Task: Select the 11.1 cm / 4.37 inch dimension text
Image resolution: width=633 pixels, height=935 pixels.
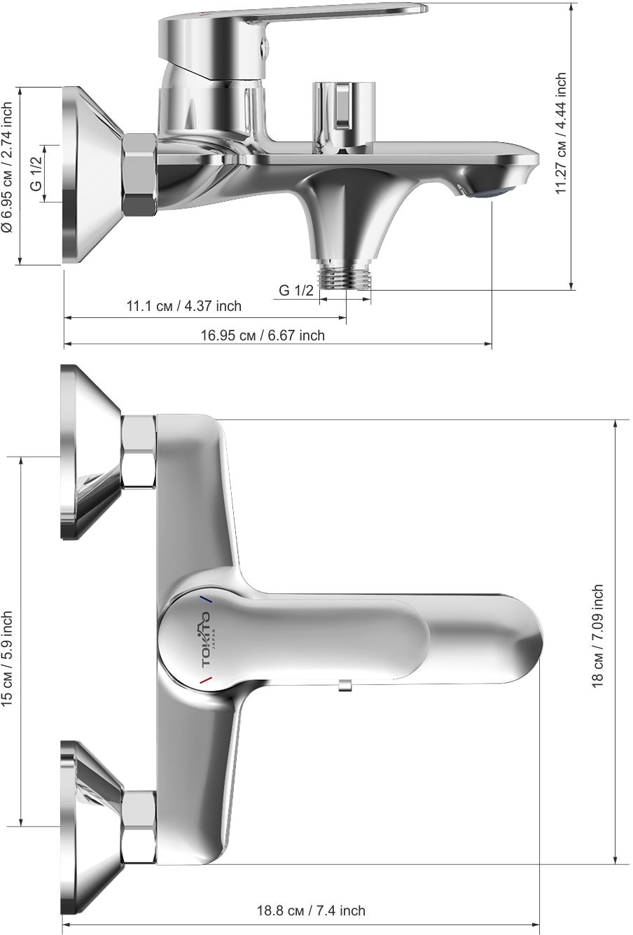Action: (x=184, y=306)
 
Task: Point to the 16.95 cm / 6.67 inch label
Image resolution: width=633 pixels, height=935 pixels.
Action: (x=263, y=335)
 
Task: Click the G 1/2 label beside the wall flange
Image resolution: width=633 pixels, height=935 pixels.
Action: (x=36, y=172)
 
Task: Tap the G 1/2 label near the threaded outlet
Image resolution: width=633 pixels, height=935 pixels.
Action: (x=296, y=290)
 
